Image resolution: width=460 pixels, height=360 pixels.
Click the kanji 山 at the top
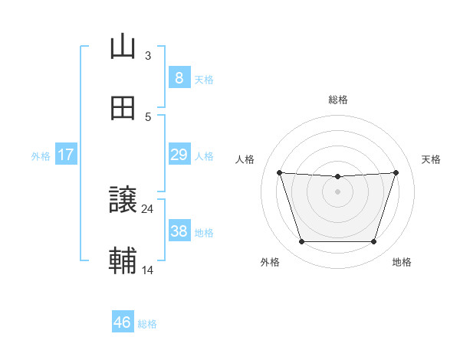point(123,47)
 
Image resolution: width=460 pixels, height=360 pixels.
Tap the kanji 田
point(123,108)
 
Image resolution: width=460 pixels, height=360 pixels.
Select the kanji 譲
point(123,200)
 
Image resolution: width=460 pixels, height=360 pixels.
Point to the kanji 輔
point(123,261)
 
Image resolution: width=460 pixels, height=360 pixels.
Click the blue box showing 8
point(179,78)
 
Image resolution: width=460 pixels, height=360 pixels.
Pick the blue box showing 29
point(179,155)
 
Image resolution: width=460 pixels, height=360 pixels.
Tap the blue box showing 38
point(179,231)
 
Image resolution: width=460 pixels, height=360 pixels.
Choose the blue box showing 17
point(66,155)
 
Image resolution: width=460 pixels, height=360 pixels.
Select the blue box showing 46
point(123,322)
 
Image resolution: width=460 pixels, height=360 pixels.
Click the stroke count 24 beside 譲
point(148,208)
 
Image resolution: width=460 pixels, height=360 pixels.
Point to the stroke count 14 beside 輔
point(148,270)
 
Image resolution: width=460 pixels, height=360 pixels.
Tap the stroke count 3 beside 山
point(148,55)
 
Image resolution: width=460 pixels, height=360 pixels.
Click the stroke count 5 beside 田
point(148,116)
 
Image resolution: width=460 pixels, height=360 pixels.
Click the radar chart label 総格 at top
point(338,100)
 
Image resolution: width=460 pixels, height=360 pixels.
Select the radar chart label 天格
point(432,159)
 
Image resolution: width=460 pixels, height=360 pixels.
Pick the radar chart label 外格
point(270,263)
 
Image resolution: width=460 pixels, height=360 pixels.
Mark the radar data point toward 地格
point(373,242)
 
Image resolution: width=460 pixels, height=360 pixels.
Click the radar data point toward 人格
point(279,172)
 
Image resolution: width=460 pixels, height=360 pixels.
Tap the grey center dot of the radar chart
point(337,191)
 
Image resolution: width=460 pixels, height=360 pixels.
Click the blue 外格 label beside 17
point(41,155)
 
